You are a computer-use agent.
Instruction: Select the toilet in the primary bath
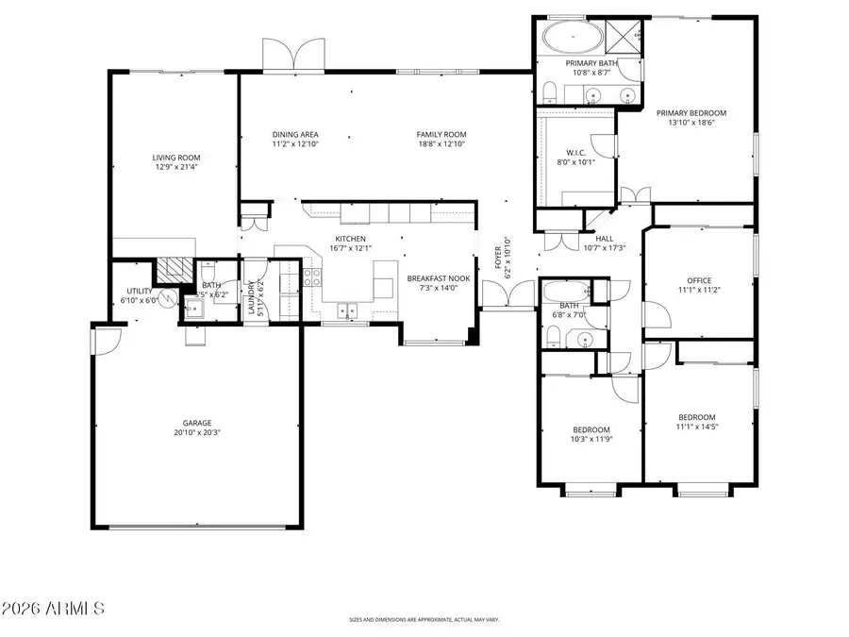(x=548, y=92)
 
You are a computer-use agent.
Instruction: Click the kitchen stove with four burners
(x=313, y=277)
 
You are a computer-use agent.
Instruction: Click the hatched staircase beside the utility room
(x=172, y=270)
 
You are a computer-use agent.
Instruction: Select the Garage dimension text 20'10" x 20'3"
(x=196, y=433)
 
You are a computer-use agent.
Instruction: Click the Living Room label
(x=176, y=158)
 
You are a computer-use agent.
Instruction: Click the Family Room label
(x=441, y=134)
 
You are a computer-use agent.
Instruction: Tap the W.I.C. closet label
(x=576, y=151)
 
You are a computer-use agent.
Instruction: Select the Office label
(x=699, y=280)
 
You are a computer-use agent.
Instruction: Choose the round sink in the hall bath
(x=584, y=337)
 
